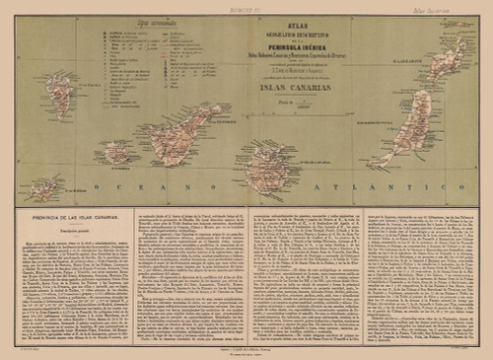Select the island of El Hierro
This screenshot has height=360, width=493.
(45, 186)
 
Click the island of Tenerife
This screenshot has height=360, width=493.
(182, 139)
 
